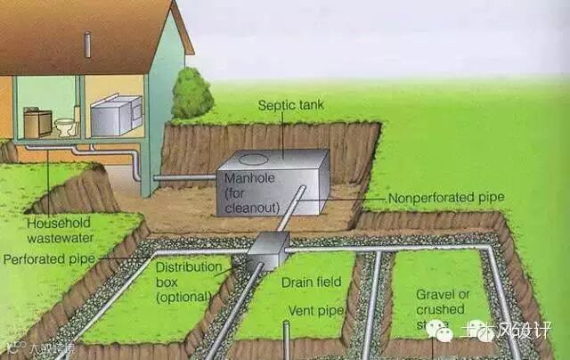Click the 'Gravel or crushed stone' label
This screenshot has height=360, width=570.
point(444,307)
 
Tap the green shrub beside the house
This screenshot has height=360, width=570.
point(191,94)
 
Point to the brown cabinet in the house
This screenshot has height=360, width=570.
point(37,122)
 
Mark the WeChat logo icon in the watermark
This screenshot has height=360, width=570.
point(439,331)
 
